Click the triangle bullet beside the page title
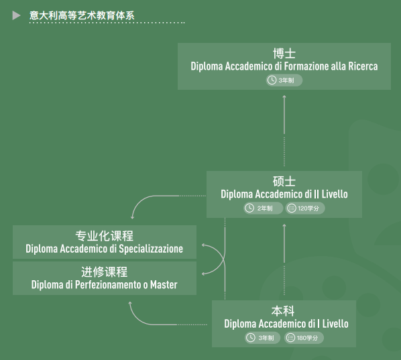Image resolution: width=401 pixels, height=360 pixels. (16, 15)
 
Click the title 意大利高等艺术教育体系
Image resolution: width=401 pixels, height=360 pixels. (82, 15)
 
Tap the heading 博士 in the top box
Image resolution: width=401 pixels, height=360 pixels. (284, 54)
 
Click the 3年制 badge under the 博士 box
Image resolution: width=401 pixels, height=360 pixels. (284, 80)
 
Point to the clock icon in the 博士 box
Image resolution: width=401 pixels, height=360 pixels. (272, 80)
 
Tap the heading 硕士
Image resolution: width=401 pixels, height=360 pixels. (284, 181)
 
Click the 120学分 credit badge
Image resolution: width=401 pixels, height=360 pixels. (305, 208)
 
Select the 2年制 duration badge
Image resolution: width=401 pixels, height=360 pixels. (264, 208)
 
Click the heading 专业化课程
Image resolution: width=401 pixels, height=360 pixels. (105, 236)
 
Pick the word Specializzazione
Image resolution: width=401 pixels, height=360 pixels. (151, 249)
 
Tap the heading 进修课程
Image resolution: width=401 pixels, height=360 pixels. (105, 272)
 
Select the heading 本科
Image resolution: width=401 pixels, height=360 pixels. (283, 311)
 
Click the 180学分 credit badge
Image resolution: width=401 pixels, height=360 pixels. (304, 338)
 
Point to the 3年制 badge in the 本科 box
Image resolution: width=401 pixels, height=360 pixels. (262, 338)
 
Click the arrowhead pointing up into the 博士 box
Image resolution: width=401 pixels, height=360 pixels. (284, 97)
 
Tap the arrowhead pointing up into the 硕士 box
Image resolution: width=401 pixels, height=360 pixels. (284, 225)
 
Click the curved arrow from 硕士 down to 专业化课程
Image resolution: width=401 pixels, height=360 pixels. (144, 200)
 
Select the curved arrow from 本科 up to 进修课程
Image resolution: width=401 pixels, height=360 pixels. (141, 320)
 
